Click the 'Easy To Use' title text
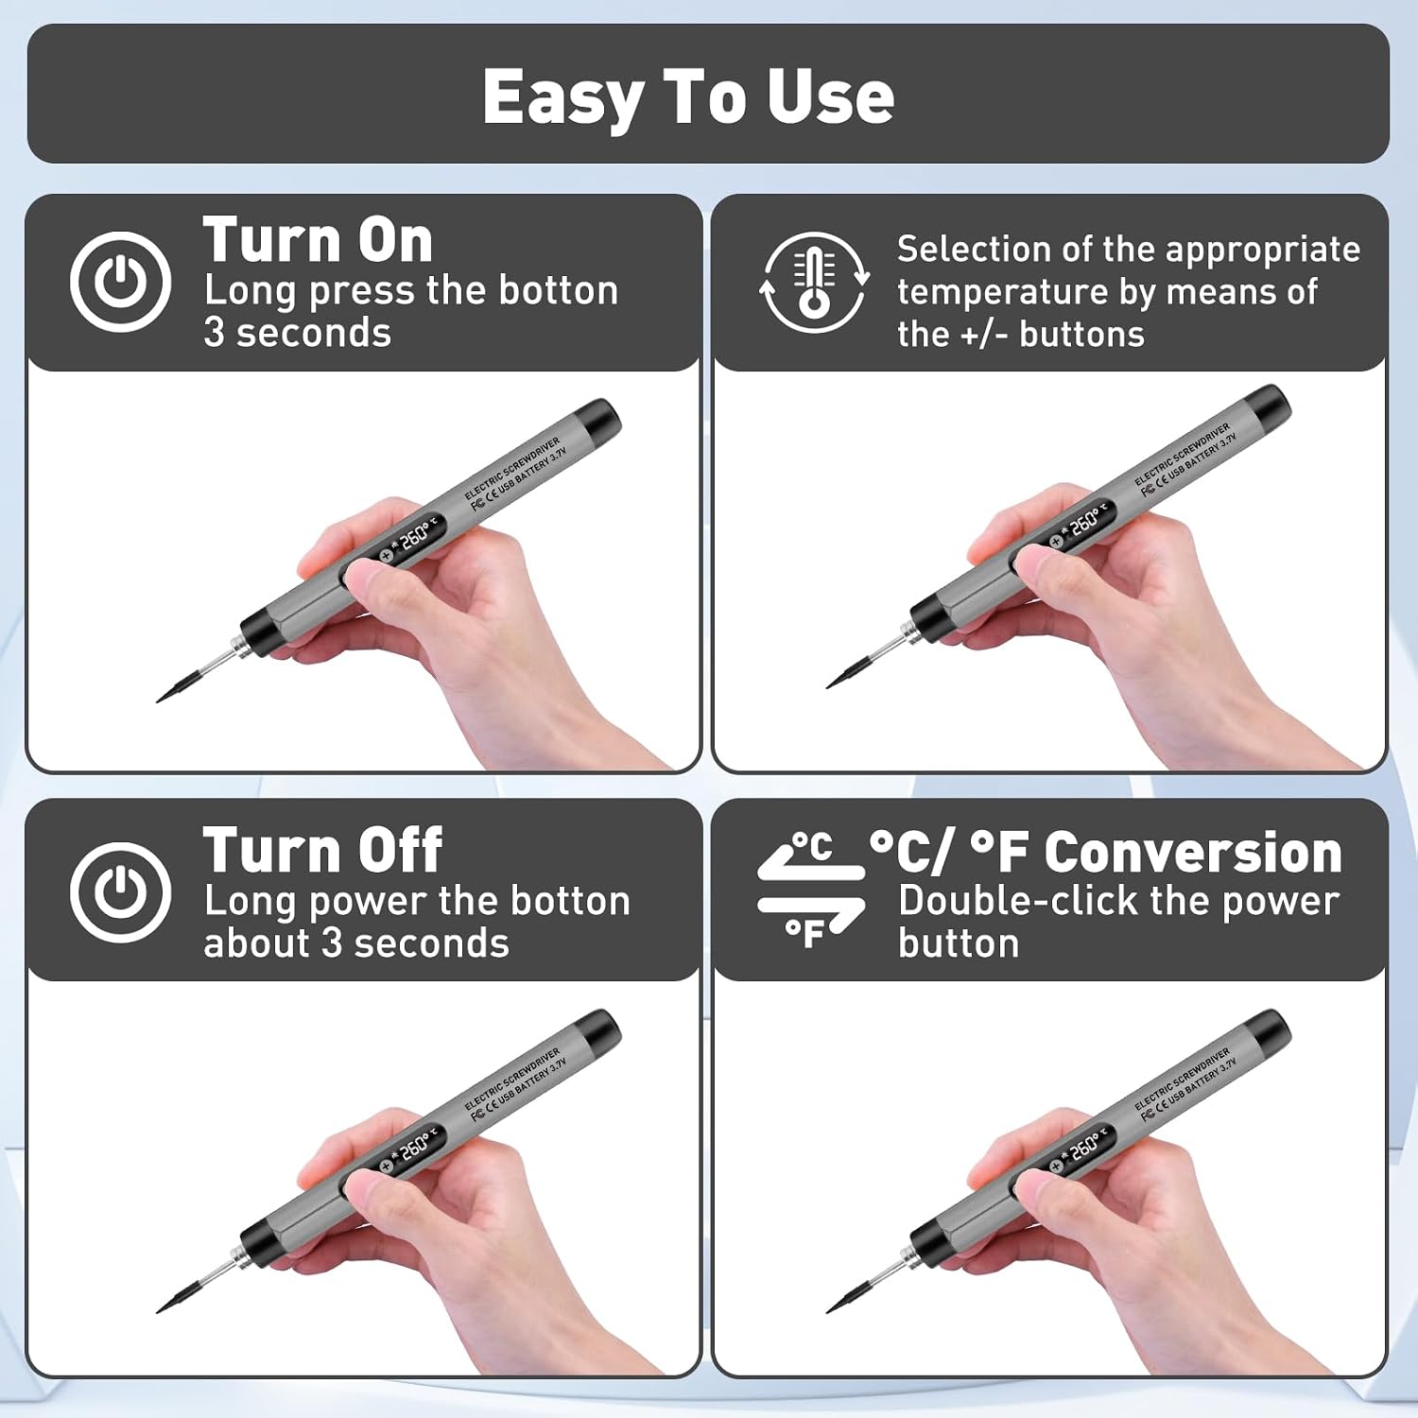tap(688, 96)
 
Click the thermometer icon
tap(813, 282)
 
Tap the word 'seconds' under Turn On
tap(314, 333)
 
